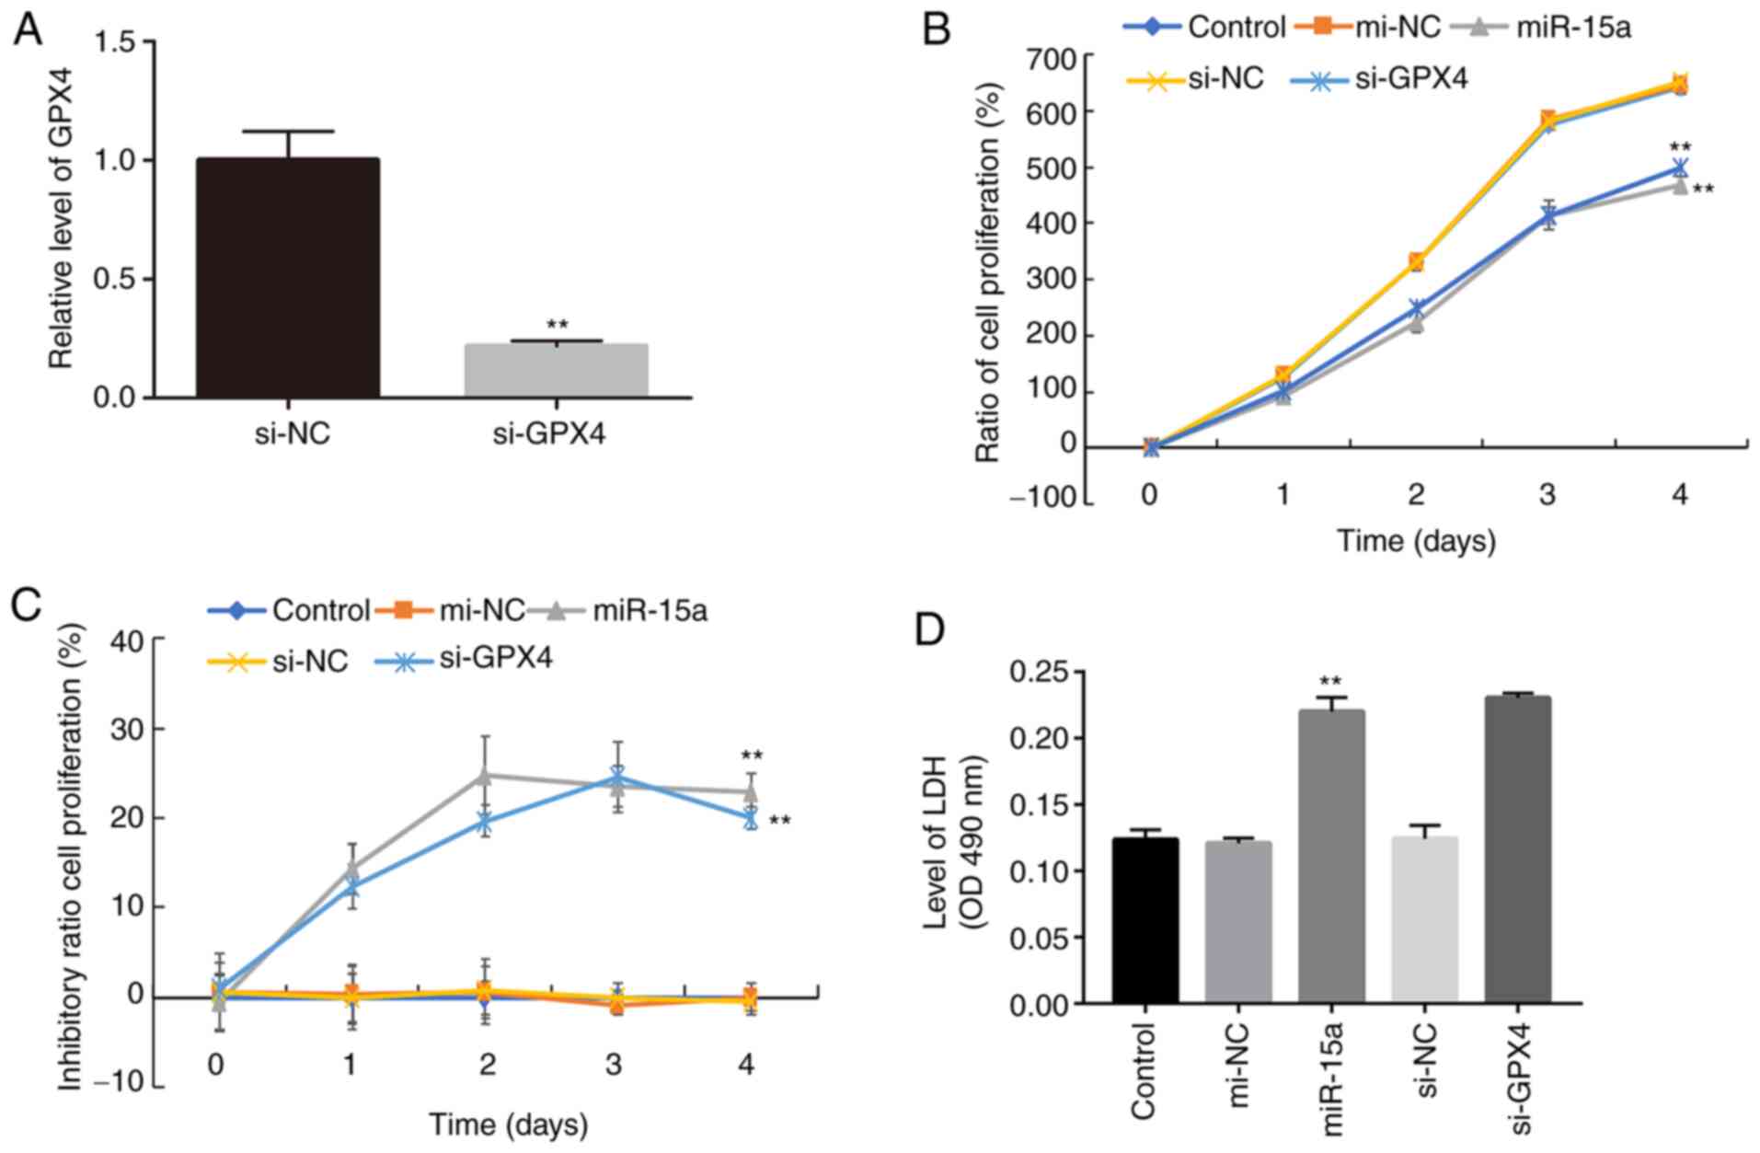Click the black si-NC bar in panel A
click(x=287, y=277)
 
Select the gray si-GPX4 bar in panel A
click(x=556, y=370)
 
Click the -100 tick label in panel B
click(x=1041, y=498)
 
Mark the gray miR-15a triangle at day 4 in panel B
click(x=1679, y=186)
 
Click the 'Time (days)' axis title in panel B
click(x=1415, y=540)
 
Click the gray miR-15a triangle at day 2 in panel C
click(x=485, y=776)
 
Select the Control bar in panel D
click(x=1145, y=920)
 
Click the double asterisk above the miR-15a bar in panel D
click(x=1330, y=682)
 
